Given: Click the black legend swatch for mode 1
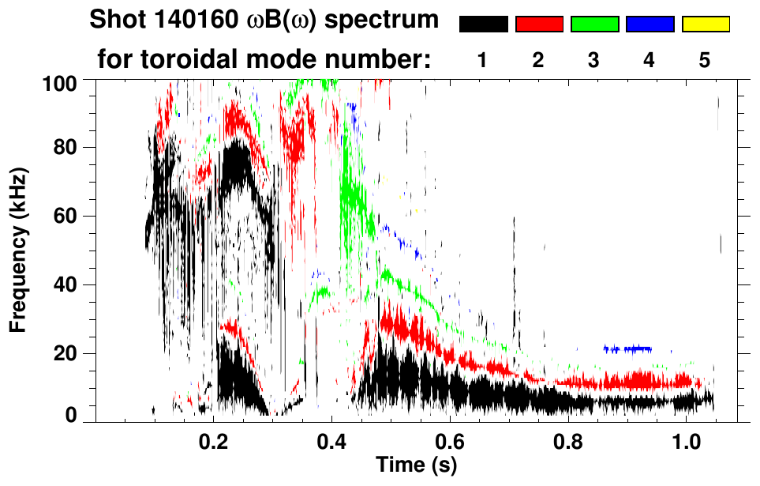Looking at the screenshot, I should coord(483,24).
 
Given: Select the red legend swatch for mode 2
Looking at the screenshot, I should coord(539,24).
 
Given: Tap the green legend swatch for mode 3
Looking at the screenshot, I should coord(594,24).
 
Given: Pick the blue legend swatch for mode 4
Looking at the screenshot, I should coord(650,24).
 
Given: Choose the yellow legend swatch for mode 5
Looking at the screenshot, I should coord(706,24).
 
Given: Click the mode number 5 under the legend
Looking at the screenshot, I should coord(705,60).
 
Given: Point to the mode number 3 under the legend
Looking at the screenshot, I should coord(593,60).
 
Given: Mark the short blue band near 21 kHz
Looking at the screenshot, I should coord(627,348).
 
